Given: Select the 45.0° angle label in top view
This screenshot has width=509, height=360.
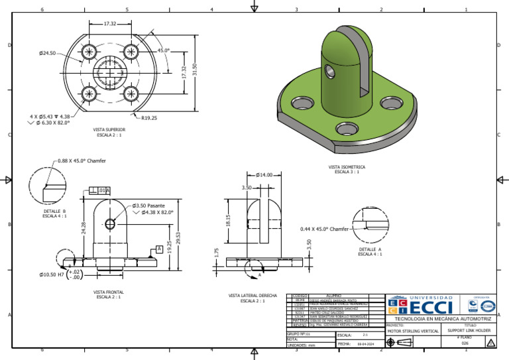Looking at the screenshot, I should tap(163, 50).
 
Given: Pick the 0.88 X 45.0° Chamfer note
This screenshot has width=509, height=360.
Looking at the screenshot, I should tap(82, 160).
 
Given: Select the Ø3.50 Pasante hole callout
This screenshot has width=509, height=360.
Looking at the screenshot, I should tap(148, 206).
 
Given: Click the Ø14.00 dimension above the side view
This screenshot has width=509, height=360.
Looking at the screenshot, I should tap(264, 175).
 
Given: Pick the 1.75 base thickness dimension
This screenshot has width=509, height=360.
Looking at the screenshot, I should tap(217, 252).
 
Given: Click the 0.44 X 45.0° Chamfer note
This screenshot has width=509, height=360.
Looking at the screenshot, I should tap(323, 229).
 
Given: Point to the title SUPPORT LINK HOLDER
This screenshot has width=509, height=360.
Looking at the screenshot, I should tap(469, 330).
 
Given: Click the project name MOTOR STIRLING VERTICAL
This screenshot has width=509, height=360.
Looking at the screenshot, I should tap(414, 330).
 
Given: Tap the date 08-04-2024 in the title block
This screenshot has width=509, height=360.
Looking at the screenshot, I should tap(367, 345).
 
